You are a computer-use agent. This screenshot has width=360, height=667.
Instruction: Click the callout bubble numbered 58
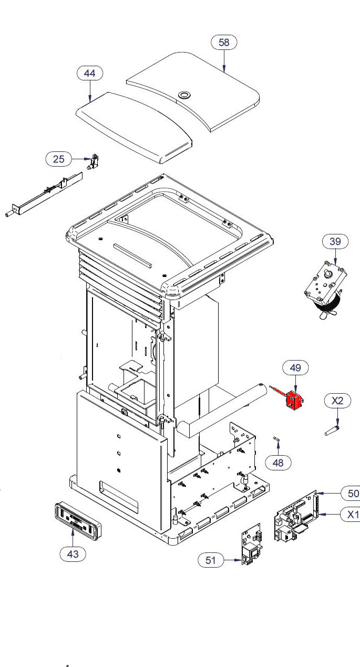pos(224,42)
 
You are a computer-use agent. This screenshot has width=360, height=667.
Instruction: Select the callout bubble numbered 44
pos(90,73)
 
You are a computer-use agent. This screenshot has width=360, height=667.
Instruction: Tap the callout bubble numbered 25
pos(59,158)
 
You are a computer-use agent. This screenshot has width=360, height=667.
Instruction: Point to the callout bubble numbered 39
pos(335,241)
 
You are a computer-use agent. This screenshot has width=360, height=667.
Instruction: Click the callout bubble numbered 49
pos(295,367)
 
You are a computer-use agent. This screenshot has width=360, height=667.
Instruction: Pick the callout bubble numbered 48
pos(278,463)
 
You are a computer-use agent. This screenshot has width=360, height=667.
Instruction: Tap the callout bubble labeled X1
pos(350,515)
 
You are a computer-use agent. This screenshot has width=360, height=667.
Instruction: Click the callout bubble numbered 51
pos(211,561)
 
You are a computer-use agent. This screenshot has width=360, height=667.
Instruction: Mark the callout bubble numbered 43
pos(73,553)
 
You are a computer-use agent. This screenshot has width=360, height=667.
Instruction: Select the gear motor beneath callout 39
pos(322,289)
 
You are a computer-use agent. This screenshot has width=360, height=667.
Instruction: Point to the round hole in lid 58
pos(184,95)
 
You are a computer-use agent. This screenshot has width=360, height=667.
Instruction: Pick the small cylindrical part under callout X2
pos(332,430)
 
